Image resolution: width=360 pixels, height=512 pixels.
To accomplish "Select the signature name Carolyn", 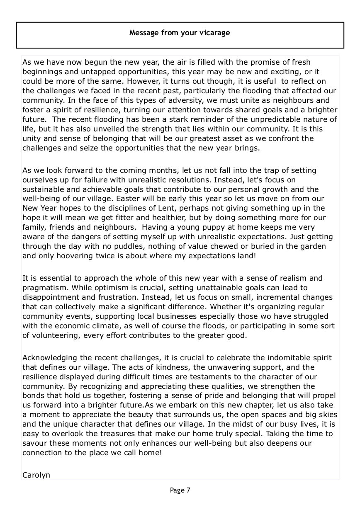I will pos(36,475).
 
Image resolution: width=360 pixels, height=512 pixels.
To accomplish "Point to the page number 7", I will pos(188,490).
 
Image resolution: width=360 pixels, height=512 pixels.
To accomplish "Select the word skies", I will pos(328,415).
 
